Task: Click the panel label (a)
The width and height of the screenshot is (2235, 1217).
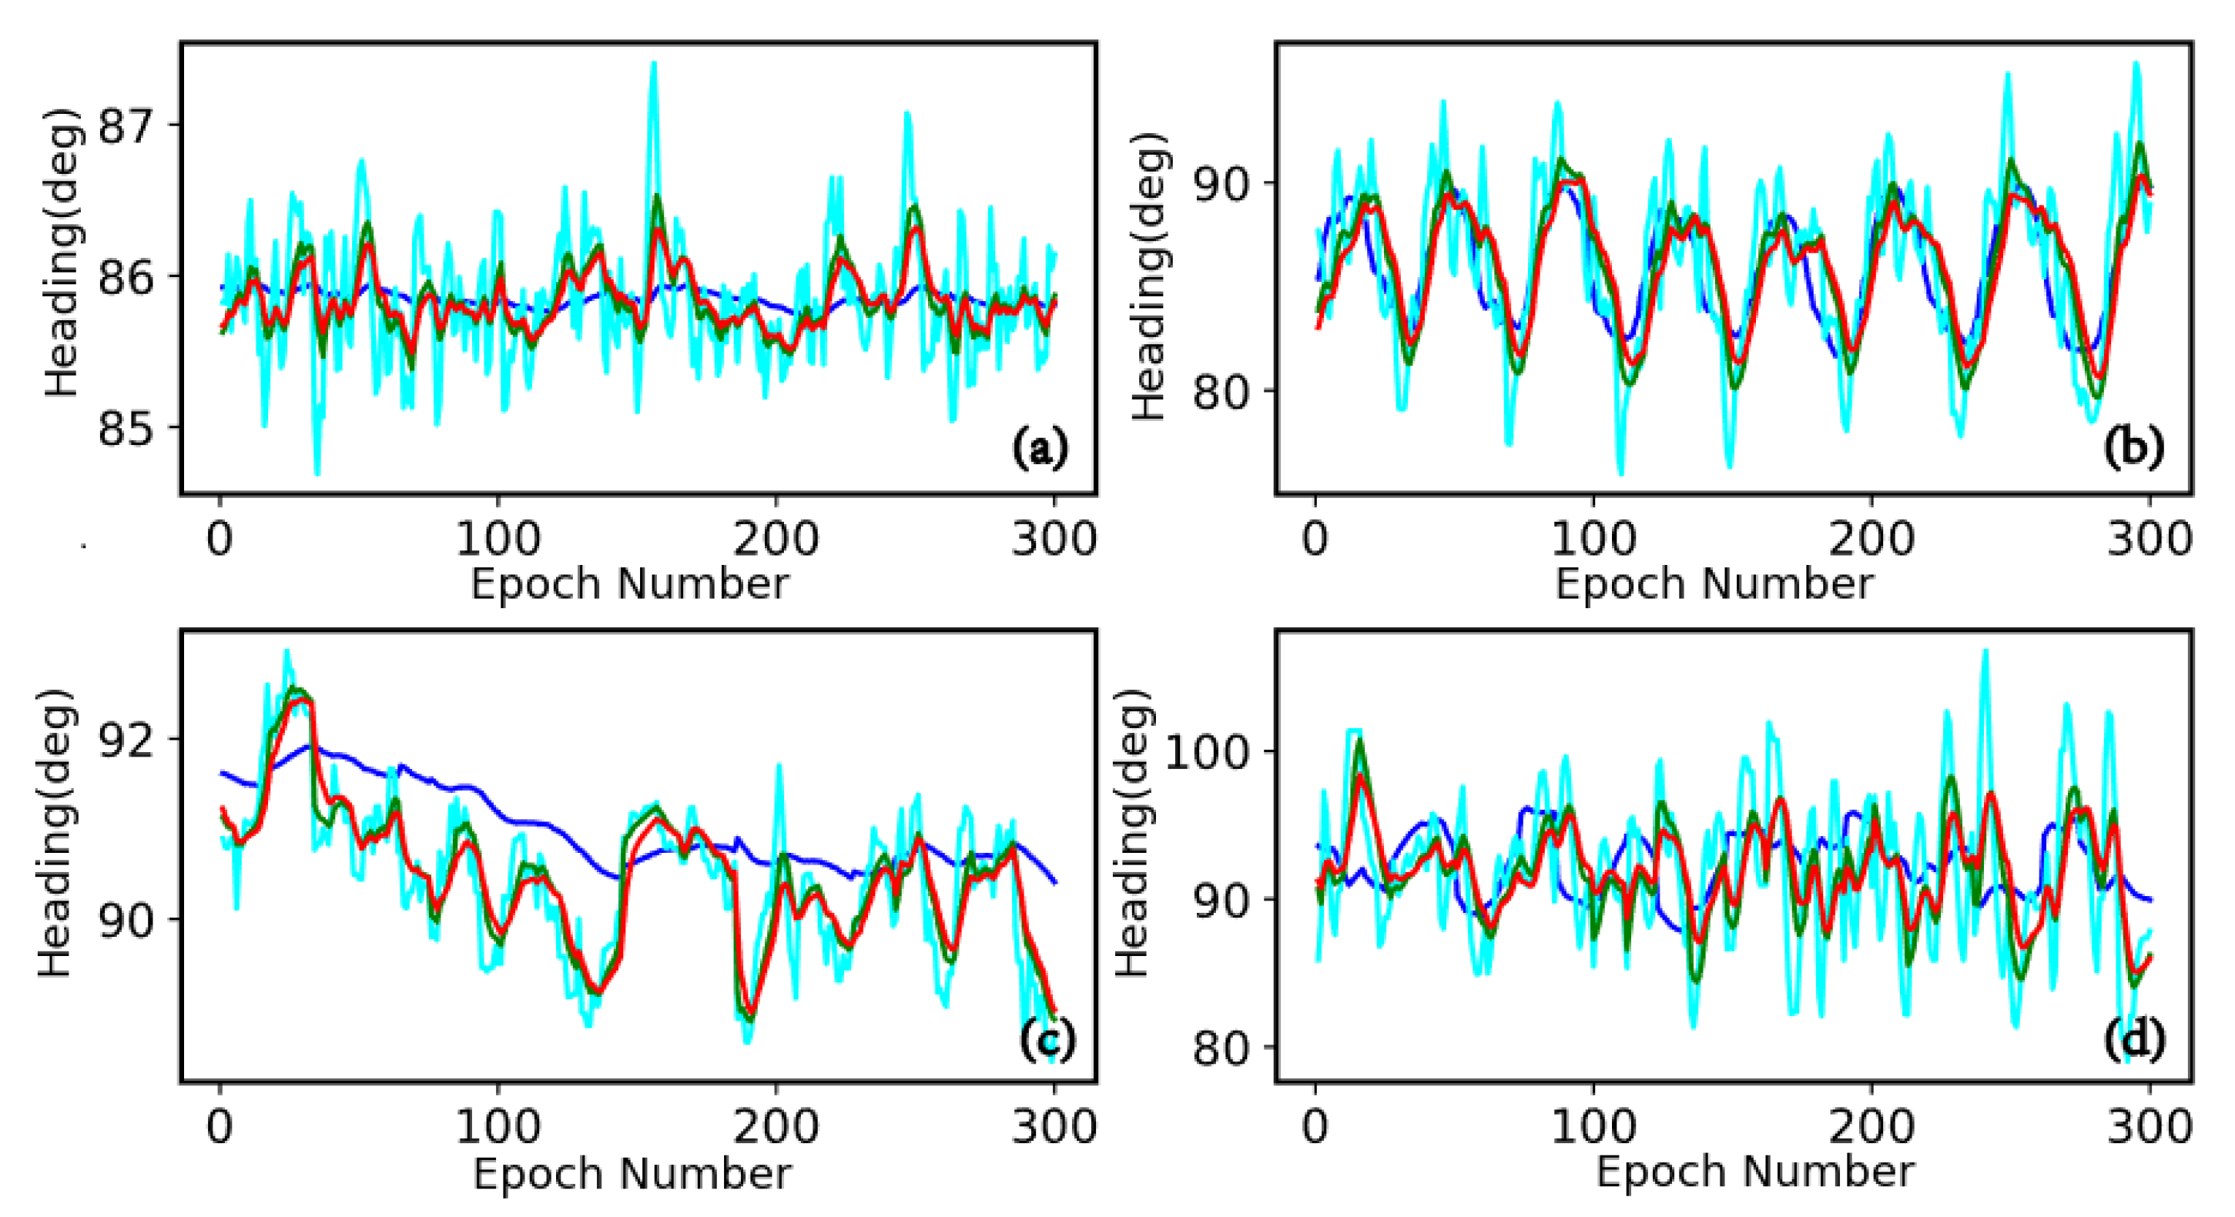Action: click(x=1040, y=447)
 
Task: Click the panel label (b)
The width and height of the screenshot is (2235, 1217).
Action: click(x=2133, y=447)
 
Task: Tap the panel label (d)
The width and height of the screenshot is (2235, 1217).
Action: click(x=2133, y=1038)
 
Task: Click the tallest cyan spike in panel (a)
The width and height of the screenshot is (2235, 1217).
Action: click(x=653, y=65)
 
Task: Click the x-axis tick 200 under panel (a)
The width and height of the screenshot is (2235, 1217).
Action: click(x=775, y=540)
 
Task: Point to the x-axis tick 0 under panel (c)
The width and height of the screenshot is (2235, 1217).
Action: click(x=220, y=1128)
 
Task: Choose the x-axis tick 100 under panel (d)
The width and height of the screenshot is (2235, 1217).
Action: click(x=1593, y=1128)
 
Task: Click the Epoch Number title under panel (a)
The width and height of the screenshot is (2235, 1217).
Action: click(x=630, y=583)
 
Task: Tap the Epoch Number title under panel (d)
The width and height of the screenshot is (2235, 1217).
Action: click(x=1754, y=1172)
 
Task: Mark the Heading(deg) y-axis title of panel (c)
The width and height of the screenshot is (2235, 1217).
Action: click(x=54, y=833)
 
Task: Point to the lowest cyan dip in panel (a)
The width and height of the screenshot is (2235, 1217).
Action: click(x=317, y=473)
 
